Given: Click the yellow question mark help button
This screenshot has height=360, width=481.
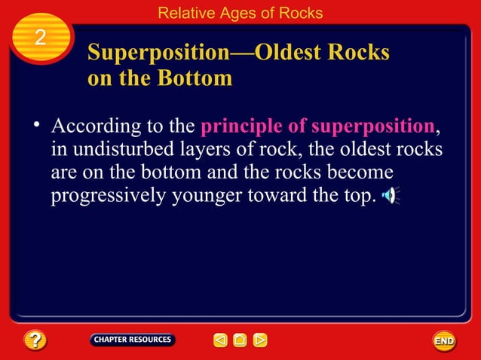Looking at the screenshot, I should point(35,340).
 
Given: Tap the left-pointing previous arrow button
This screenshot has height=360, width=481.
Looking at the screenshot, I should point(220,340).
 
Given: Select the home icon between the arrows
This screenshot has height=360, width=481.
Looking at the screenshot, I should point(240,340).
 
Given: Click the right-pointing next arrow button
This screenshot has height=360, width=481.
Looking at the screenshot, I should point(259,340).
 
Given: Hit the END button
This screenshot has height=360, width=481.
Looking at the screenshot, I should point(444,341).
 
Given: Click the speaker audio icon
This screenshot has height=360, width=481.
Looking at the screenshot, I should point(389,197).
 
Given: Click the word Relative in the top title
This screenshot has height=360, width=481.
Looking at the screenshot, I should point(186,13).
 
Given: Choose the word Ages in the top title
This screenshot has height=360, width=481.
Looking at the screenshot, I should point(238,13).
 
